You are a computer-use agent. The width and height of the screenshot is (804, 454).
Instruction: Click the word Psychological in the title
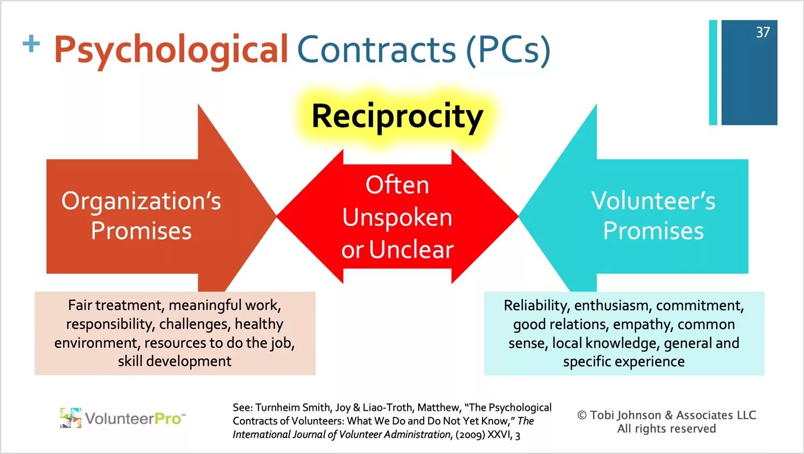coord(171,50)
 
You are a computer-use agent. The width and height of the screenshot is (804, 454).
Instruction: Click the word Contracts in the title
coord(376,50)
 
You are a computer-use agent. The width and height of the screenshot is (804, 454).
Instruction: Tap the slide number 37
coord(763,32)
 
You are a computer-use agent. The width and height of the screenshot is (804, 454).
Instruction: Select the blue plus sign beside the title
coord(31,44)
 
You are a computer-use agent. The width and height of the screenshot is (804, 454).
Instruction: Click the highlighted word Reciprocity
coord(397,116)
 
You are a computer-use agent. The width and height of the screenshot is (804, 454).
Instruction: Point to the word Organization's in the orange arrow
coord(141,201)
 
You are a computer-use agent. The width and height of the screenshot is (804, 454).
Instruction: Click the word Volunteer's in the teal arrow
coord(653,201)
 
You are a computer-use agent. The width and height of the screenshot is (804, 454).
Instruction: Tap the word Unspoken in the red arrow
coord(397,217)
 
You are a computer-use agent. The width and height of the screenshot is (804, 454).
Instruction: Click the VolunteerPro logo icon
coord(71,418)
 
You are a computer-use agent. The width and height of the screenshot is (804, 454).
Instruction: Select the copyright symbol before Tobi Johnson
coord(582,415)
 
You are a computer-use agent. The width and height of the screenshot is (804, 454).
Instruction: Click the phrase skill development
coord(174,361)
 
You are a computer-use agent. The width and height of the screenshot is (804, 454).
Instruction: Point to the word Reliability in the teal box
coord(536,306)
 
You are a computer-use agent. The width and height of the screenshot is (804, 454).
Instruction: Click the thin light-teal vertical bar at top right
coord(713,72)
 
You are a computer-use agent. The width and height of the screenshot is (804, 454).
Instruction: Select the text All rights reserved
coord(666,429)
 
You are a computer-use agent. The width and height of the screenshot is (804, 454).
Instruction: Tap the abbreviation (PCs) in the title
coord(508,50)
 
